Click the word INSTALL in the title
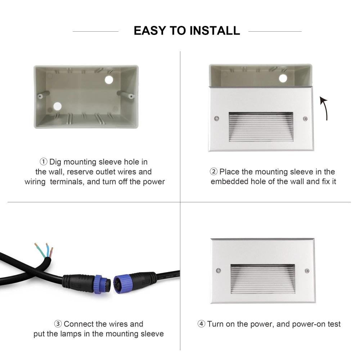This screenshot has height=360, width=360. click(215, 31)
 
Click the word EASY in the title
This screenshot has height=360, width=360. click(150, 31)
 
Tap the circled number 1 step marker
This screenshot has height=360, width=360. click(44, 162)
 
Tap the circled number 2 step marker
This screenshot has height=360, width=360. click(213, 171)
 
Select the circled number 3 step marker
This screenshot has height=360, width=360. click(58, 324)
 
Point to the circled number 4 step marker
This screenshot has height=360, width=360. click(201, 324)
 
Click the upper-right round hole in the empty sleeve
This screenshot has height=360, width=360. click(109, 80)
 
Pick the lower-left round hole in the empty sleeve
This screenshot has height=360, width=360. click(57, 106)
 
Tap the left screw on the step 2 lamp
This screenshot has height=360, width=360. click(216, 118)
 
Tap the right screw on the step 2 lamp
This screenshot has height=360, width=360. click(305, 119)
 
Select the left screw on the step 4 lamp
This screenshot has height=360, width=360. click(219, 270)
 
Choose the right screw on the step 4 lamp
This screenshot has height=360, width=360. click(307, 271)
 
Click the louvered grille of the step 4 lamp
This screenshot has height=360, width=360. click(263, 279)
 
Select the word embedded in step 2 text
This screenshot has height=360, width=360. click(229, 181)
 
